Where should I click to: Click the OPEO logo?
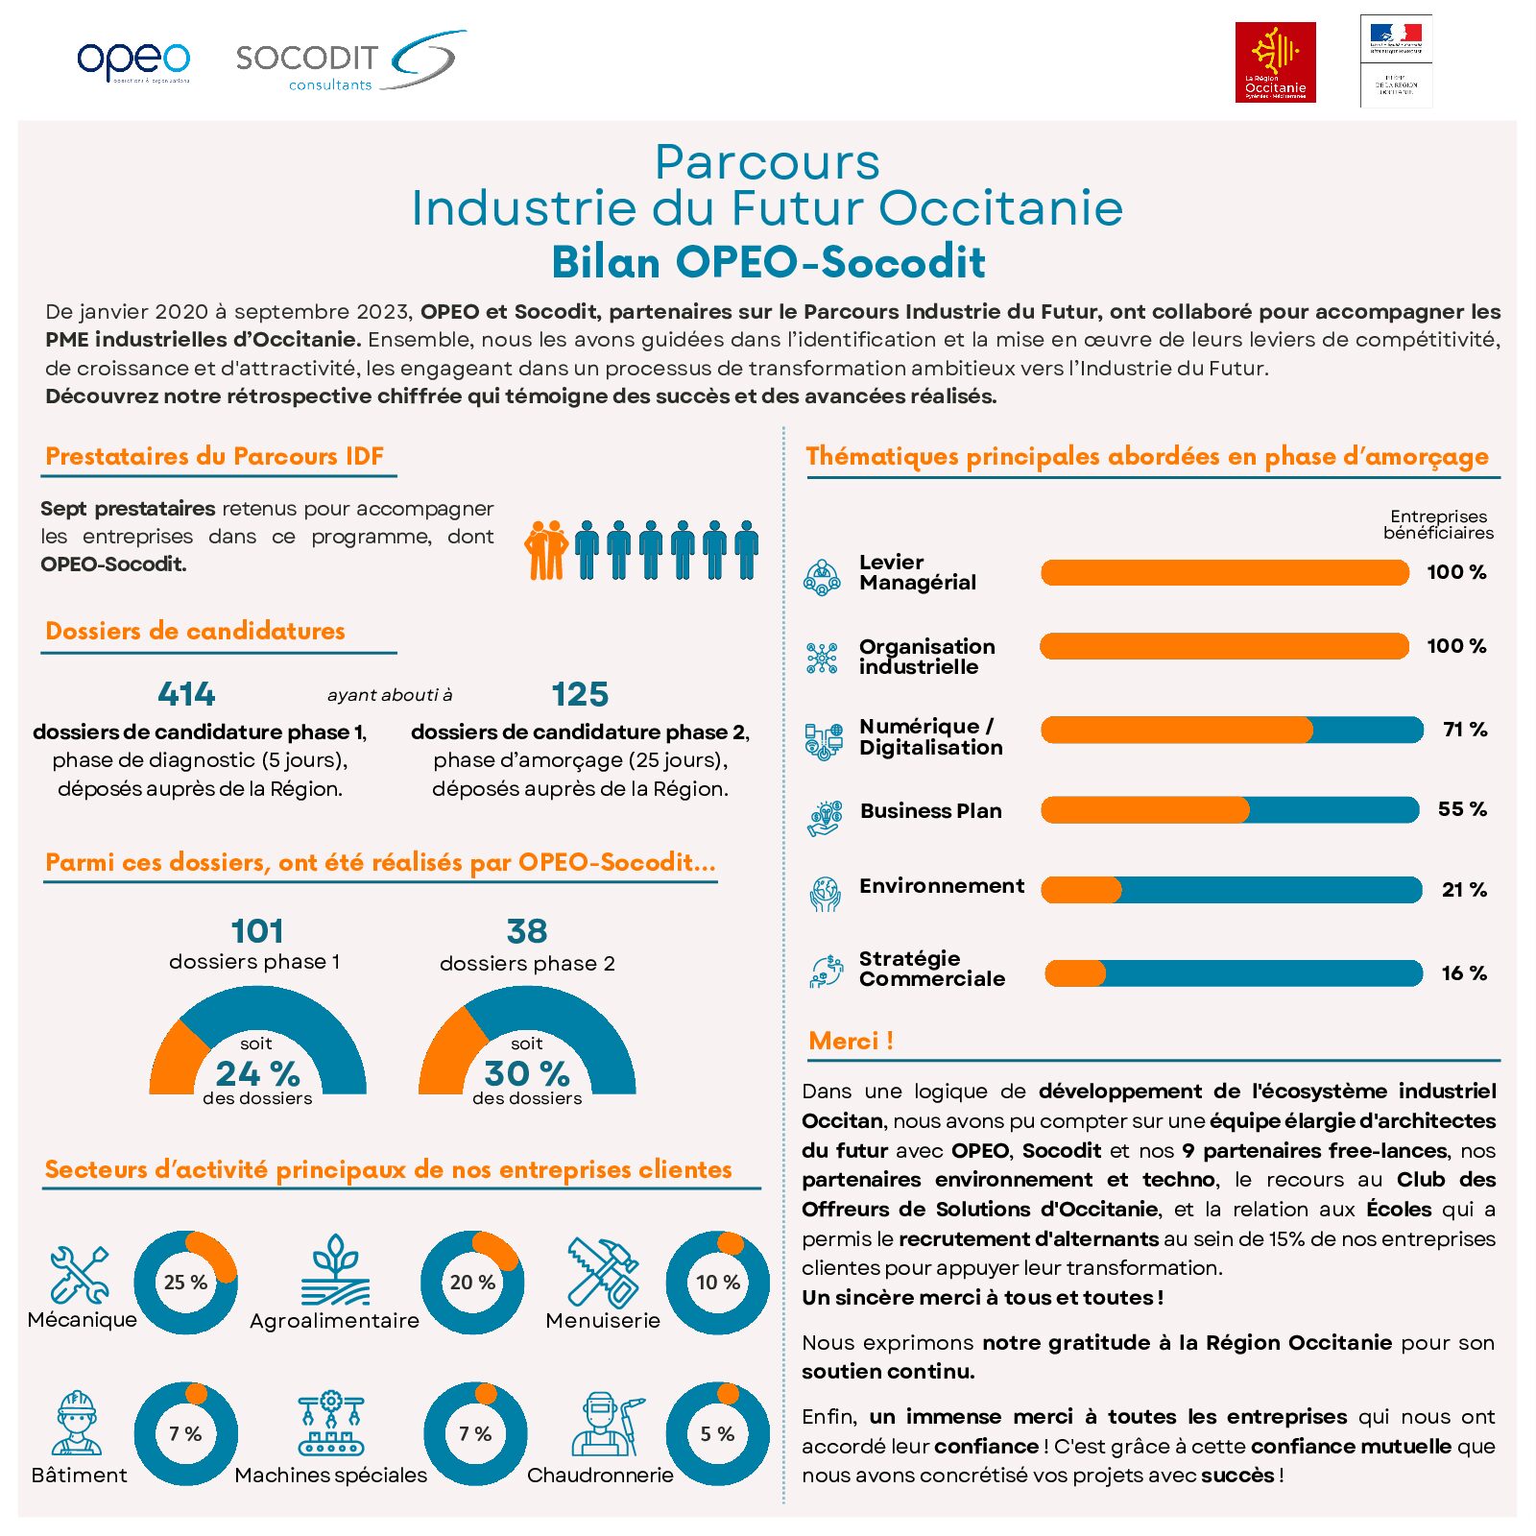click(133, 61)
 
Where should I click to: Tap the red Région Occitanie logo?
click(1275, 62)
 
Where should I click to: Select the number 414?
click(186, 694)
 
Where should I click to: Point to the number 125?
click(580, 694)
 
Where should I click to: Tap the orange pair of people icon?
click(546, 551)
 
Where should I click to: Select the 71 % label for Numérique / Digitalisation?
click(1465, 730)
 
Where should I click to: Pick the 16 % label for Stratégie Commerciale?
click(1464, 973)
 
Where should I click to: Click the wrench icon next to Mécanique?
click(79, 1275)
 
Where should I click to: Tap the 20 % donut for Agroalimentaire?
click(472, 1283)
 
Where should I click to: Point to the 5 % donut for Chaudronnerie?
click(717, 1434)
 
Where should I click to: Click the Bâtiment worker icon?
click(77, 1424)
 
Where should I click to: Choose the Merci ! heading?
click(851, 1041)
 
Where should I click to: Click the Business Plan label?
click(930, 811)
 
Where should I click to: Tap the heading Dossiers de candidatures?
click(195, 631)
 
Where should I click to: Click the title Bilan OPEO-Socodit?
click(768, 262)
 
